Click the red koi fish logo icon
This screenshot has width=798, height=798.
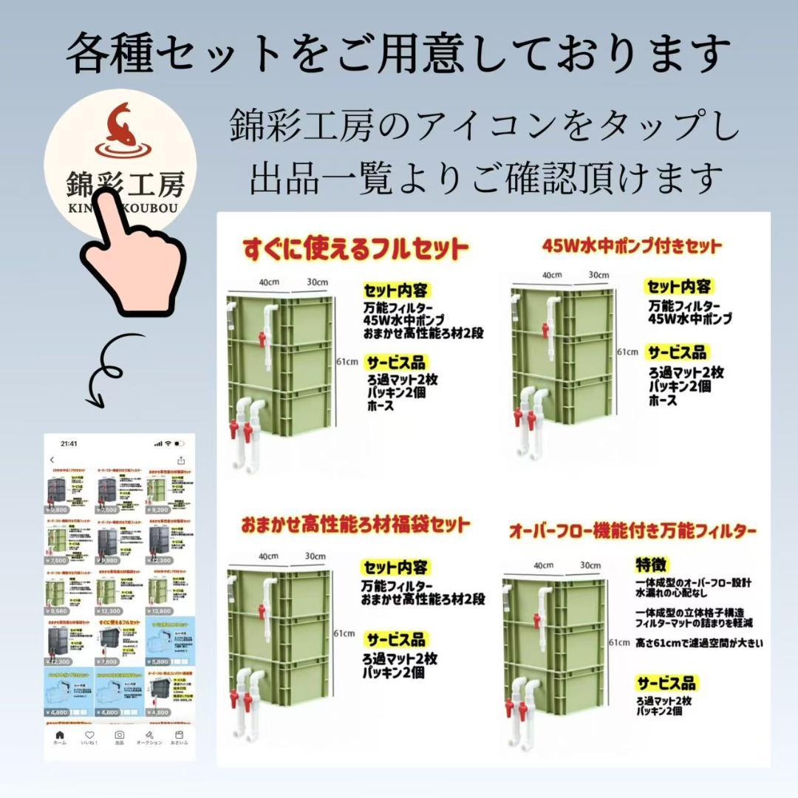[120, 123]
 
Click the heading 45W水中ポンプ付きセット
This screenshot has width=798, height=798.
[632, 245]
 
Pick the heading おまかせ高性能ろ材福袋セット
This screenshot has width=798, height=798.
[355, 525]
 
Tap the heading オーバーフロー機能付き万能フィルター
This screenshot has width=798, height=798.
[632, 531]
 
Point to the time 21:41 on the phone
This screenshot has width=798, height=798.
[69, 443]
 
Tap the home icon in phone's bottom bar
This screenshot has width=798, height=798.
[60, 737]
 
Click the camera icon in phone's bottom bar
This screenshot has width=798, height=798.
[120, 737]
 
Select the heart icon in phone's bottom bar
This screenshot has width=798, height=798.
[89, 737]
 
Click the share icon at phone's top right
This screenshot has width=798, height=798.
[181, 460]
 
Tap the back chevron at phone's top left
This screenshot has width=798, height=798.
[52, 460]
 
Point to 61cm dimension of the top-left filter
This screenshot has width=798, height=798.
[347, 361]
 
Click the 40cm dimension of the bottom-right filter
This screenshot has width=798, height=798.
[543, 565]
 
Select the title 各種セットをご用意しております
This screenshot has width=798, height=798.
[399, 53]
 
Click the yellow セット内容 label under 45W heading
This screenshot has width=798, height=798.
[679, 287]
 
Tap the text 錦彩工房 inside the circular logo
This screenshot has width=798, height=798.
[120, 181]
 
